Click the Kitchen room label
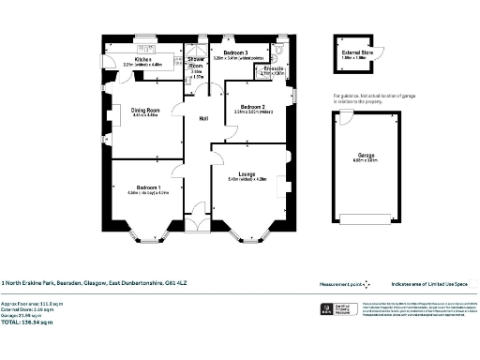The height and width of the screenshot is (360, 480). pyautogui.click(x=142, y=59)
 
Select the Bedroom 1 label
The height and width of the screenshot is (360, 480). pyautogui.click(x=147, y=187)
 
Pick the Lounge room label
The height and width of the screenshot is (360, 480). pyautogui.click(x=247, y=174)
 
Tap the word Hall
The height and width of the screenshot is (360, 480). pyautogui.click(x=202, y=118)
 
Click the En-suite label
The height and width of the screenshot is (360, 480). pyautogui.click(x=275, y=68)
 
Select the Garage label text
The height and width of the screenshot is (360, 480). pyautogui.click(x=367, y=156)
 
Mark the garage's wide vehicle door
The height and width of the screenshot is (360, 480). pyautogui.click(x=367, y=221)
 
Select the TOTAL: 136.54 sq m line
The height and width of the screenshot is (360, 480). pyautogui.click(x=28, y=322)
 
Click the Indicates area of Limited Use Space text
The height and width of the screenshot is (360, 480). pyautogui.click(x=432, y=282)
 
